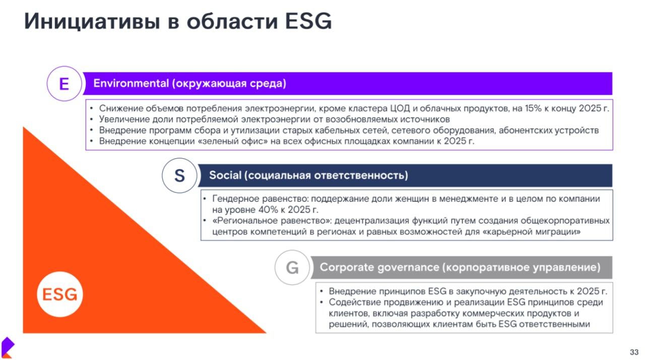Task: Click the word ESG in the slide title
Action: click(x=308, y=21)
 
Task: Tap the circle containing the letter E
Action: click(x=64, y=84)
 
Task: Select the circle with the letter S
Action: click(x=179, y=175)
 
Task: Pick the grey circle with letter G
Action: click(x=292, y=267)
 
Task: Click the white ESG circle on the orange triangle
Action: click(x=60, y=294)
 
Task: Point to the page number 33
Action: click(x=634, y=352)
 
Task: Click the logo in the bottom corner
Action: click(x=8, y=347)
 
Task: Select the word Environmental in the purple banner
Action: click(x=131, y=83)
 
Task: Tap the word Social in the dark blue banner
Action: click(x=225, y=175)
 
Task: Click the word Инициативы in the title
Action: click(x=92, y=22)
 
